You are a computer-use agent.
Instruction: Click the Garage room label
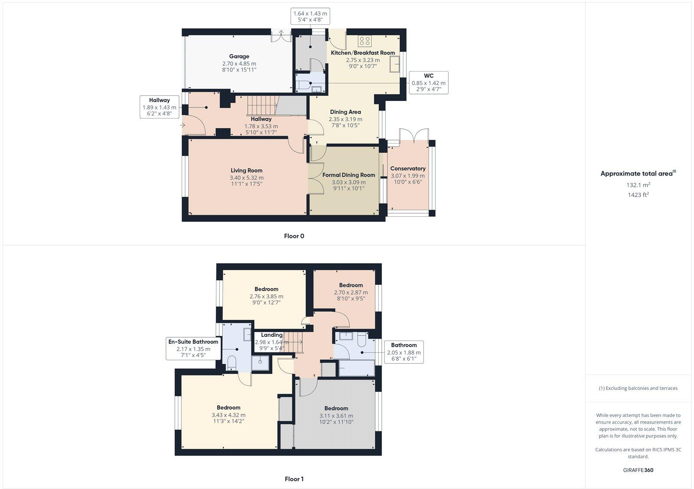pos(239,56)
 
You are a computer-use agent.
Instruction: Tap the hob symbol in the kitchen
pos(365,41)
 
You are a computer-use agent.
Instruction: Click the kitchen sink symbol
pos(395,66)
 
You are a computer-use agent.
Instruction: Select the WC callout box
pos(428,83)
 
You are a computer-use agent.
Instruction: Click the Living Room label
pos(246,170)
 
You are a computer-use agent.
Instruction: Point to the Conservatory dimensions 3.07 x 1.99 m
pos(408,176)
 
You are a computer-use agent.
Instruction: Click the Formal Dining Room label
pos(348,175)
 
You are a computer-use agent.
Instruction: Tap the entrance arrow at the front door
pos(183,125)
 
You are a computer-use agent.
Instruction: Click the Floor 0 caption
pos(294,236)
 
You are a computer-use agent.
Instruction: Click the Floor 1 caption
pos(294,479)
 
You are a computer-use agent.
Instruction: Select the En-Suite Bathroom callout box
pos(193,349)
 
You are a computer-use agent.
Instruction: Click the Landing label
pos(272,335)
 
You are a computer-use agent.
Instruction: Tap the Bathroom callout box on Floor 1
pos(404,352)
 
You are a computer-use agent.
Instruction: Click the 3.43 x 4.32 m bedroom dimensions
pos(229,415)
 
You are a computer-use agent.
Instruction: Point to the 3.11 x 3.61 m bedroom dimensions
pos(336,416)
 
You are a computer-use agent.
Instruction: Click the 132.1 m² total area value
pos(638,185)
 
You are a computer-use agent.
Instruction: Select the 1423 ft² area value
pos(638,195)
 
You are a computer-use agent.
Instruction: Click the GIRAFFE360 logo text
pos(638,470)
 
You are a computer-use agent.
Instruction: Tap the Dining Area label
pos(345,112)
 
